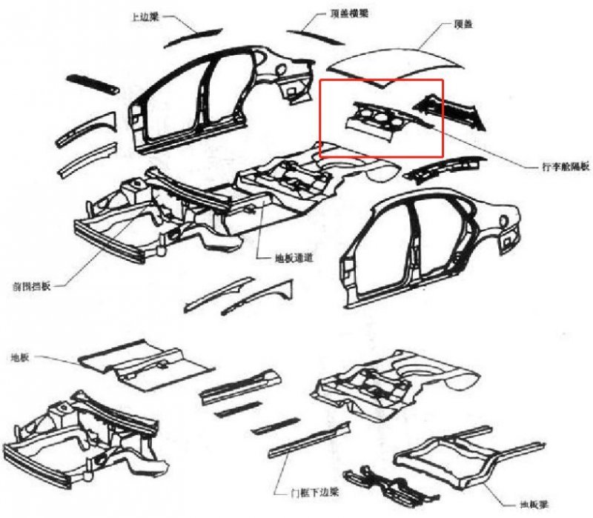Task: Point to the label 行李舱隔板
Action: tap(566, 167)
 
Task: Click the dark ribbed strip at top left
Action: tap(93, 83)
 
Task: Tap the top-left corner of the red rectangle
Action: tap(320, 79)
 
